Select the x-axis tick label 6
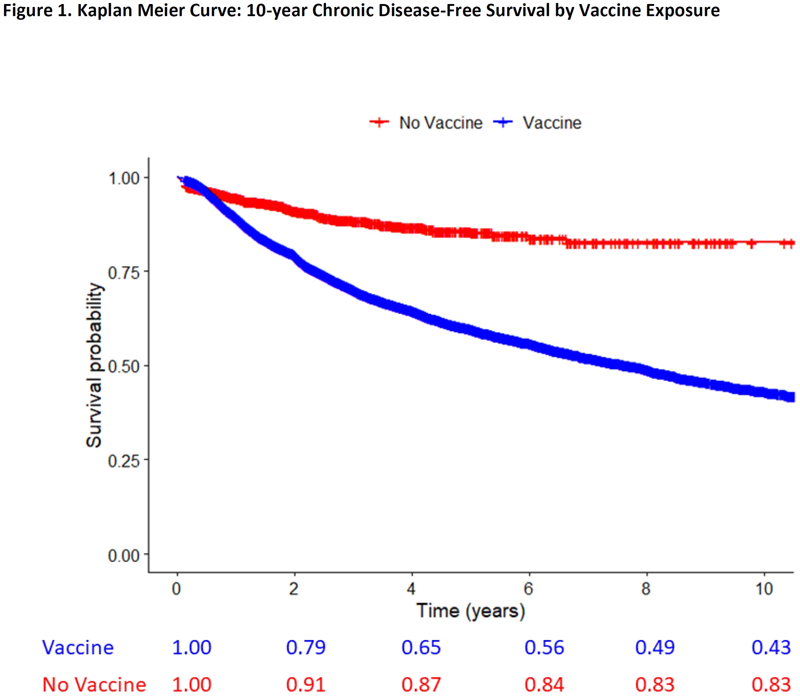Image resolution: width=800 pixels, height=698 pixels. point(529,589)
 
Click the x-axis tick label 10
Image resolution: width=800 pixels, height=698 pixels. point(764,589)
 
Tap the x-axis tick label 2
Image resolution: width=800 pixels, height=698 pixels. point(294,589)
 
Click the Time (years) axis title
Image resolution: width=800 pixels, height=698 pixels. point(471,611)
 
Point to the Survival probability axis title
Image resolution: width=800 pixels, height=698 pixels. point(94,365)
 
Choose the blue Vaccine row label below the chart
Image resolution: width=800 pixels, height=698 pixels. point(78,648)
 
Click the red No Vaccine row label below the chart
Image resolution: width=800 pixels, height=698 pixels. point(94,684)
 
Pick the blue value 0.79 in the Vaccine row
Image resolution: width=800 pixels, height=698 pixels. point(306,647)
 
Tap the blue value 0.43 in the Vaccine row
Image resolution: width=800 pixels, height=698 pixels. point(771,647)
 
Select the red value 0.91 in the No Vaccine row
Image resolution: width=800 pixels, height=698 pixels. point(306,684)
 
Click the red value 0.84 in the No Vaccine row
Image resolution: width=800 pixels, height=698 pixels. point(544,684)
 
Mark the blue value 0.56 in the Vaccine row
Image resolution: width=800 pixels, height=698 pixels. point(544,647)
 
